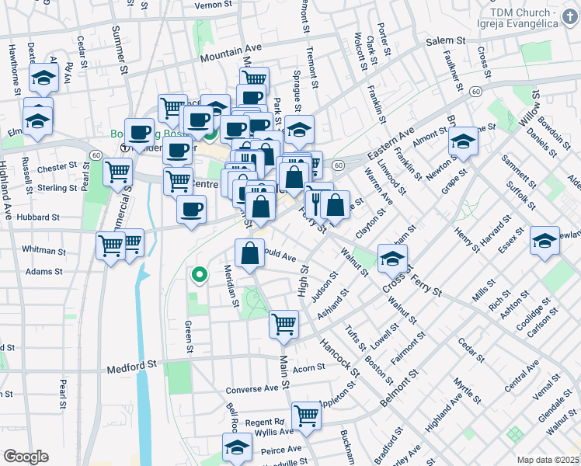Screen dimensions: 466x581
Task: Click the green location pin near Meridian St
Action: coord(200,274)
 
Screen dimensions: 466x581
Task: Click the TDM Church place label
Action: coord(527,17)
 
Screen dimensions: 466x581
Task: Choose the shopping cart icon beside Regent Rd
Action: coord(307,416)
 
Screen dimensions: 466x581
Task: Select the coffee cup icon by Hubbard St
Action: coord(191,208)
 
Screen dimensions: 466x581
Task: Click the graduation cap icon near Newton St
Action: coord(463,142)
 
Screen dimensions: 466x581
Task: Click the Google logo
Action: coord(26,457)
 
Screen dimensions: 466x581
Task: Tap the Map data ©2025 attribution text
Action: coord(547,460)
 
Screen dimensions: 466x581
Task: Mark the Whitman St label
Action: coord(43,251)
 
